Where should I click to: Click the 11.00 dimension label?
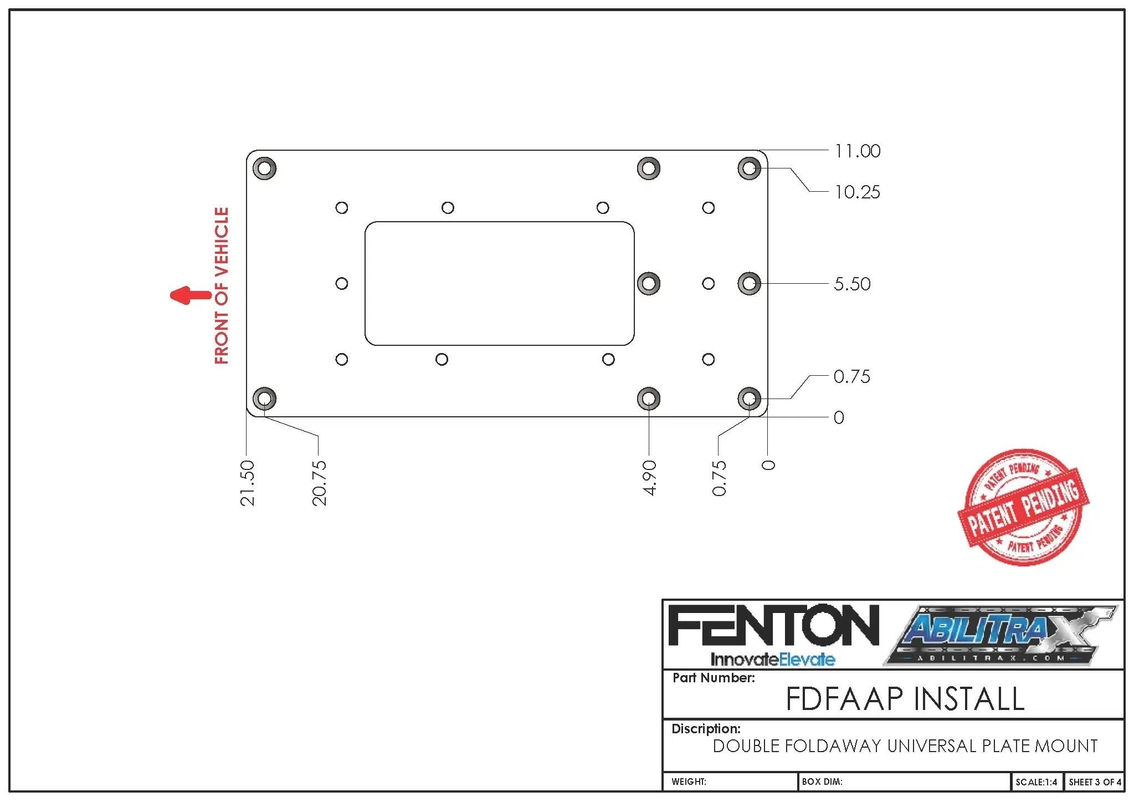click(x=857, y=151)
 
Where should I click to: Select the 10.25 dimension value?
click(x=857, y=192)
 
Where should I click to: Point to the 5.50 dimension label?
click(x=852, y=284)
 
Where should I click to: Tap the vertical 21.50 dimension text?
click(x=247, y=483)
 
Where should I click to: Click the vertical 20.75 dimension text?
click(x=319, y=483)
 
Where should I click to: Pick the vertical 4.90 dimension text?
click(x=649, y=477)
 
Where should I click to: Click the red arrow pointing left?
click(x=190, y=295)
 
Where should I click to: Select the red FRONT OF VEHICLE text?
click(x=222, y=285)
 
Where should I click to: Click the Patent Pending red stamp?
click(x=1023, y=507)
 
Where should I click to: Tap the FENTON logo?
click(x=773, y=626)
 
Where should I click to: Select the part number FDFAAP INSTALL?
click(x=905, y=698)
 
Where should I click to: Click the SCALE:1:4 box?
click(x=1036, y=782)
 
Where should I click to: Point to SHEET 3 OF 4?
click(x=1095, y=782)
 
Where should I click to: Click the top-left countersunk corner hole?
click(x=264, y=168)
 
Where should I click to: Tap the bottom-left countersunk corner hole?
click(x=264, y=399)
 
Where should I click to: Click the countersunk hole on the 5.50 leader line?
click(x=749, y=284)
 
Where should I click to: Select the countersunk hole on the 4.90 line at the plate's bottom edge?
click(x=649, y=399)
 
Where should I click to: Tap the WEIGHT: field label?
click(x=689, y=782)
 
